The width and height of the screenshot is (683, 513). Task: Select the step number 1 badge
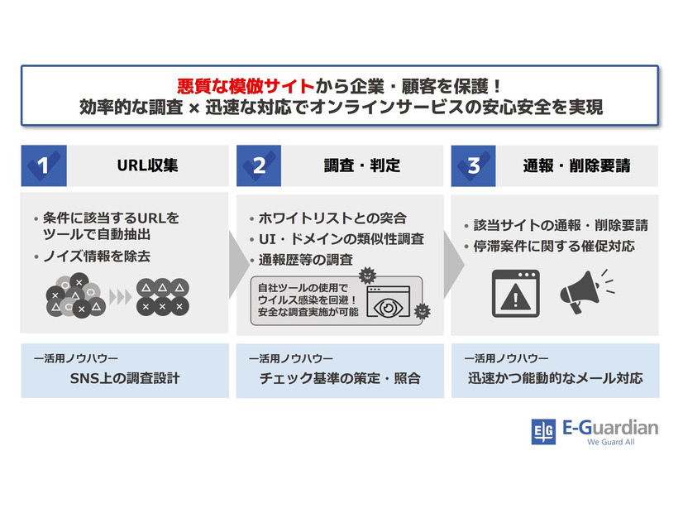(44, 165)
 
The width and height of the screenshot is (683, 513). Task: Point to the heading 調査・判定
(362, 165)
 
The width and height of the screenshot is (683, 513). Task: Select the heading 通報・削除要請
(576, 165)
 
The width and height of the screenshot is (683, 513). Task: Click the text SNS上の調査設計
(125, 379)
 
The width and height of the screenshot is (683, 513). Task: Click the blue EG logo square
(543, 432)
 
